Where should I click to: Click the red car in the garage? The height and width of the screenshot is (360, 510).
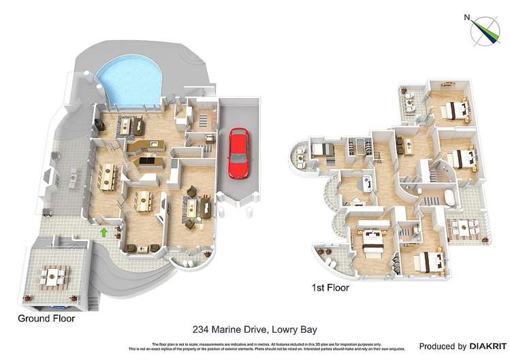click(x=237, y=153)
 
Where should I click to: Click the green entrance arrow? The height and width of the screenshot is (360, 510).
click(x=103, y=233)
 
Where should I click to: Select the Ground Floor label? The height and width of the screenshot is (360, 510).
click(x=46, y=318)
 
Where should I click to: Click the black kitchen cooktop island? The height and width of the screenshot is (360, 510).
click(x=147, y=161)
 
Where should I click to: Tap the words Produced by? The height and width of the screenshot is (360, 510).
click(x=443, y=346)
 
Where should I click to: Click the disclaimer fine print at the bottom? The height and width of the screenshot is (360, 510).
click(x=255, y=346)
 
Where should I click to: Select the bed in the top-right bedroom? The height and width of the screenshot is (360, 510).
click(x=454, y=109)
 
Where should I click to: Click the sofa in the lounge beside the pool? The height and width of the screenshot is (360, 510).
click(x=129, y=125)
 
